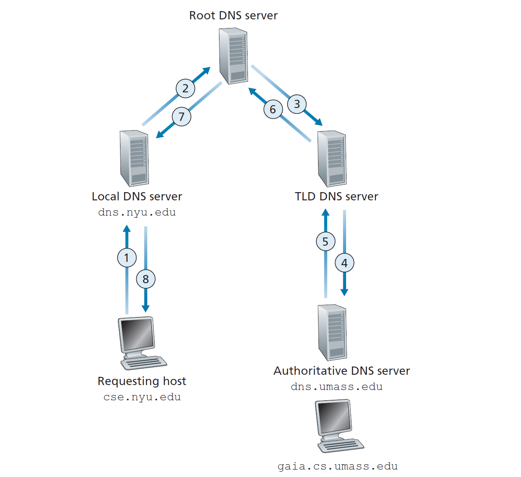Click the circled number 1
[127, 258]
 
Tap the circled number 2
[185, 88]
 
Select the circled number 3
[297, 104]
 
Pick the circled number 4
[344, 263]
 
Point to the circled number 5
[325, 242]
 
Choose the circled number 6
[273, 109]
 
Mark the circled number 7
[182, 117]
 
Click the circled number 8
[146, 279]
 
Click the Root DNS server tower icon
[233, 56]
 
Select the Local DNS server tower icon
[134, 158]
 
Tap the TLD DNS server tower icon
[332, 159]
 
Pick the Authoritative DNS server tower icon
[332, 332]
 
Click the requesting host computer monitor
[137, 335]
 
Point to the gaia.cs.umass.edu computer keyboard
[341, 446]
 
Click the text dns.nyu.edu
[137, 212]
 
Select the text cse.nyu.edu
[142, 397]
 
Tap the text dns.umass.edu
[337, 387]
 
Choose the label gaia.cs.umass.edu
[337, 466]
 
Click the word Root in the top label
[202, 16]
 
